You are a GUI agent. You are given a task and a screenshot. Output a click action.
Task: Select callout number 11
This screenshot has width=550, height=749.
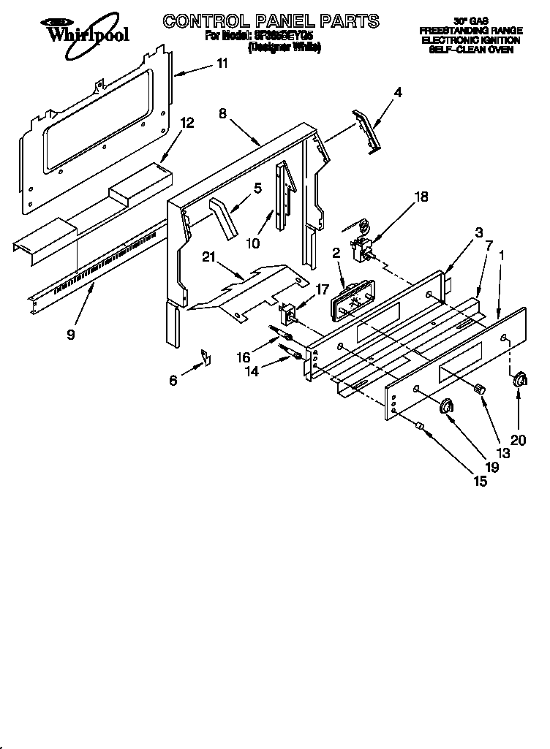[222, 64]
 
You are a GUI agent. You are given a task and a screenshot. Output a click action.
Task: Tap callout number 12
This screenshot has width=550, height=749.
[187, 123]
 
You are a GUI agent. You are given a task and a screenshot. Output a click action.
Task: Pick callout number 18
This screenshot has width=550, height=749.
[421, 197]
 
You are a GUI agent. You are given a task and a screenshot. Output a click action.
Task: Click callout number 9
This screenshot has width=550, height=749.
[70, 335]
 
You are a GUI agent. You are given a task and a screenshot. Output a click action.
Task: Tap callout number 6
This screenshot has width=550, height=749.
[173, 380]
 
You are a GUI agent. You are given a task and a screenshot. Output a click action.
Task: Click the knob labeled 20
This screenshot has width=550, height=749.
[519, 379]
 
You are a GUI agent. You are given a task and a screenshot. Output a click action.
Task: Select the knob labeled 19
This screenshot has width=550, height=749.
[448, 406]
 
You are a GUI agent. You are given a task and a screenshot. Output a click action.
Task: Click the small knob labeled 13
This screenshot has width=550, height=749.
[481, 390]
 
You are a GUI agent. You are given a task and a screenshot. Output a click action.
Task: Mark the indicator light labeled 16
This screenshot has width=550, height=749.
[282, 335]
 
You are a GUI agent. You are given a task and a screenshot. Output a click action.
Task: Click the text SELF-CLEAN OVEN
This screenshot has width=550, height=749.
[471, 50]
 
